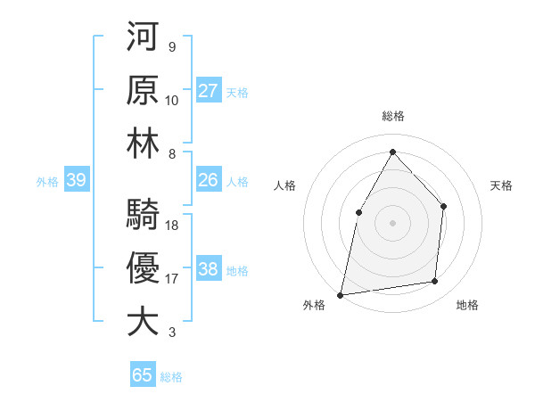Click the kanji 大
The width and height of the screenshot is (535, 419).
point(143,322)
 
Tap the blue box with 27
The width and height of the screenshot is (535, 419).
point(208,91)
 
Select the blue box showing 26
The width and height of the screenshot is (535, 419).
point(208,180)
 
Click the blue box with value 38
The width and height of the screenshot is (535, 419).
point(208,269)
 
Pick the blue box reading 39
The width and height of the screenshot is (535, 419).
point(76,180)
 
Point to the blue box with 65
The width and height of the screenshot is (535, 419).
point(143,375)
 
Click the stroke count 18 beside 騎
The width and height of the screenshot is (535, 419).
point(172,225)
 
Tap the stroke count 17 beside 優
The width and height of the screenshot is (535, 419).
point(172,278)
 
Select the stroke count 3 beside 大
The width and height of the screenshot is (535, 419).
point(171,333)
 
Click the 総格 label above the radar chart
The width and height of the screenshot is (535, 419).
point(392,116)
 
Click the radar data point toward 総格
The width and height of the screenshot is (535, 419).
point(392,152)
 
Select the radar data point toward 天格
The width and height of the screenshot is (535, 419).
point(443,206)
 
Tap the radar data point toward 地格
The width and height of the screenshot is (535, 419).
point(435,282)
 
